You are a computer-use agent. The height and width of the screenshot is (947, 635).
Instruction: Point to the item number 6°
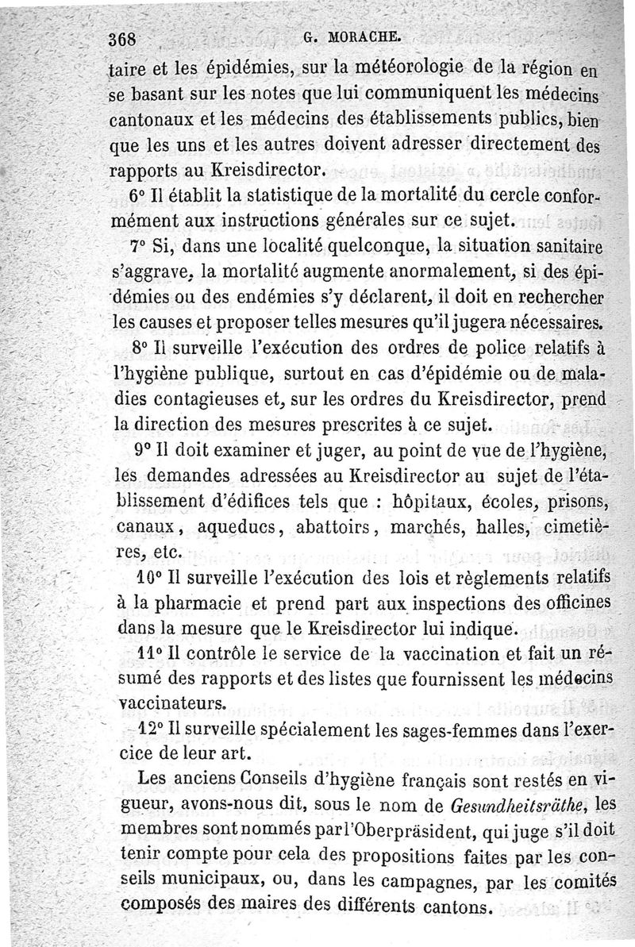pyautogui.click(x=135, y=197)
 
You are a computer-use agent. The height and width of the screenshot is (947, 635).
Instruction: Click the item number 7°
pyautogui.click(x=135, y=246)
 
